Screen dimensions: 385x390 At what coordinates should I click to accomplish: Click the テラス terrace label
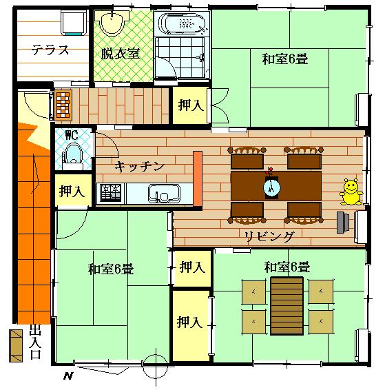point(50,50)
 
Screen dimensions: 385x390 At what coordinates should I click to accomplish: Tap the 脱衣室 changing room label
point(121,54)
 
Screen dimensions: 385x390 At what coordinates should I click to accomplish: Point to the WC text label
point(72,135)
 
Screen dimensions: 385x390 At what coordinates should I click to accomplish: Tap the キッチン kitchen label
point(140,166)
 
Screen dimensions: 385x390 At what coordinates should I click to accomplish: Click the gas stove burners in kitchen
point(111,193)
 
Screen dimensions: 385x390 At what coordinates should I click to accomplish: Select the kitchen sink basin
point(164,194)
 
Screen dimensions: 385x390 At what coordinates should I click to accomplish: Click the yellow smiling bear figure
point(351,192)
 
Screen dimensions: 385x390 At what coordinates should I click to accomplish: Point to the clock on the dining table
point(271,188)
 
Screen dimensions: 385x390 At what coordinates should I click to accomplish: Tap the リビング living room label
point(269,236)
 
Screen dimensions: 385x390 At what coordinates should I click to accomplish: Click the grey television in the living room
point(343,223)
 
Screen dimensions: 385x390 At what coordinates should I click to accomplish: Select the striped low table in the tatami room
point(287,306)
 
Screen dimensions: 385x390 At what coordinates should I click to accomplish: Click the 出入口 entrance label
point(35,342)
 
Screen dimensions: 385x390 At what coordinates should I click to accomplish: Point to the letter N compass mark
point(68,376)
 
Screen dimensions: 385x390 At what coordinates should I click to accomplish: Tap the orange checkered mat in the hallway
point(63,105)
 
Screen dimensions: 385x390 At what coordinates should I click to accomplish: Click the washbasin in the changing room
point(112,23)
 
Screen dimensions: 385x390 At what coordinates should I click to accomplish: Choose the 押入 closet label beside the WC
point(72,192)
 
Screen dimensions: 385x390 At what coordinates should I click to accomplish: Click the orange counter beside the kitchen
point(198,178)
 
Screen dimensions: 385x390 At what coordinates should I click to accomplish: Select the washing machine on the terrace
point(74,23)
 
